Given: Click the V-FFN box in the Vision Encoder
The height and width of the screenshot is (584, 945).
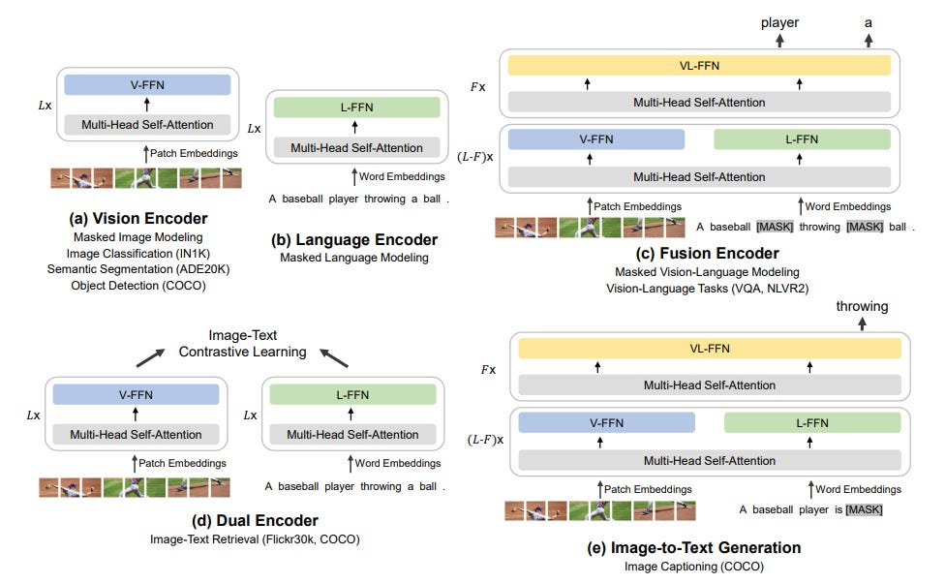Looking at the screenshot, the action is coord(147,85).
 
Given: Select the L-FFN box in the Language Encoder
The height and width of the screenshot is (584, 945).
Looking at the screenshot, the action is coord(356,108).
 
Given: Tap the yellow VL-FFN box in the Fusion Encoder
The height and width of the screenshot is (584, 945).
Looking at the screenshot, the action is coord(699,66).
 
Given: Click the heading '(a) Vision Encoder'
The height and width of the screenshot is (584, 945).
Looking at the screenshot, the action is coord(138,218).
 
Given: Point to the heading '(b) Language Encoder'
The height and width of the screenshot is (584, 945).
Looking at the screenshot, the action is coord(354,240).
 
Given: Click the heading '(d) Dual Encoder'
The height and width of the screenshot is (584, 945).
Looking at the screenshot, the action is coord(255,520).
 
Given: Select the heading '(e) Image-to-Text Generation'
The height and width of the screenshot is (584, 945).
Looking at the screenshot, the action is coord(693,547).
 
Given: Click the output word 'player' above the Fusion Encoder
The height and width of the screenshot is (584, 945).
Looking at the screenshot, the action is coord(779,23).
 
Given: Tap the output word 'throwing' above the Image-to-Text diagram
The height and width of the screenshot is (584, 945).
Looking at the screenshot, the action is coord(862,306).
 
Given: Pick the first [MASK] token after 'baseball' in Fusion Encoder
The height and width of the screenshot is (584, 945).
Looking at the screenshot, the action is coord(775,227).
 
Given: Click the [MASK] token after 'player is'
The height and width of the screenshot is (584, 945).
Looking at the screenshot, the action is coord(864,509).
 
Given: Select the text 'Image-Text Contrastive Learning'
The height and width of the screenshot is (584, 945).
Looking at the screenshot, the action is coord(242,344).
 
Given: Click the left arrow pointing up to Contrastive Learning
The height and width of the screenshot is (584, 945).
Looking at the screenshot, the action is coord(150,358).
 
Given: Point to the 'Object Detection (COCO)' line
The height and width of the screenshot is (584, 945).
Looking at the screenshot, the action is coord(138,286).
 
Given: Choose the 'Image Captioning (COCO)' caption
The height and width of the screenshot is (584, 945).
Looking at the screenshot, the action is coord(693,567).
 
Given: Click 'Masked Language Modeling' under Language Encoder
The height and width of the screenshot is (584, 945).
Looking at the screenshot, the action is coord(354,258).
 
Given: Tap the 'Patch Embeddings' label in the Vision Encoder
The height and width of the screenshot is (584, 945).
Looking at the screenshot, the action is coord(194,153).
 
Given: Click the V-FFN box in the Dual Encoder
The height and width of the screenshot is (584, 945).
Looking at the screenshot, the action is coord(136,395).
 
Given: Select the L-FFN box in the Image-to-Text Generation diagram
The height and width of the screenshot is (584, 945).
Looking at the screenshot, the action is coord(811,423).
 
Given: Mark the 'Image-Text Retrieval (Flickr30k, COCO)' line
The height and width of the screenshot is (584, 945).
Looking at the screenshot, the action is coord(255,539).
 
